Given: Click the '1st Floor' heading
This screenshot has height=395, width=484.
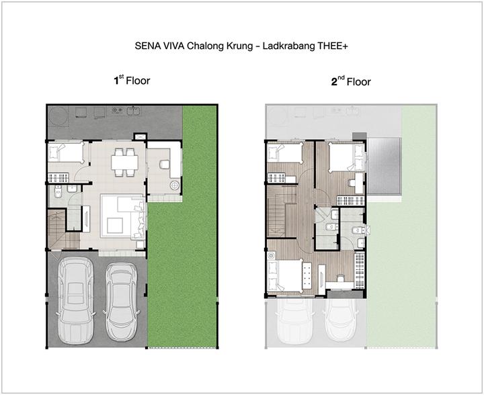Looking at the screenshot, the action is coord(132,81).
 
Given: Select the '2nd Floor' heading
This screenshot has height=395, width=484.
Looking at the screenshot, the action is coord(351,82).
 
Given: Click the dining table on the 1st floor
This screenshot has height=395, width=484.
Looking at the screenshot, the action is coord(125,163).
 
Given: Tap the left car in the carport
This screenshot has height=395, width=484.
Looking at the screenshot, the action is coord(76,300).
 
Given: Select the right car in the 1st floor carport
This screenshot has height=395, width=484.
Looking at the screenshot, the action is coord(121,302).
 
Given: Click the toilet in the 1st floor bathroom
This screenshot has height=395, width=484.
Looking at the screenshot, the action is coord(58,191).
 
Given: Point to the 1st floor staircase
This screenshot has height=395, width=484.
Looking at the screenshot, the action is coord(61,229).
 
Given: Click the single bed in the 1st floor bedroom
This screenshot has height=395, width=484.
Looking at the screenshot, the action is coord(66,152).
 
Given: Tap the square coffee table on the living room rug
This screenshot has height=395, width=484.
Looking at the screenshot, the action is coord(115,226).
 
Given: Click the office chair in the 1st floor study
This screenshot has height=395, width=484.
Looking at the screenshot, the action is coord(164,164).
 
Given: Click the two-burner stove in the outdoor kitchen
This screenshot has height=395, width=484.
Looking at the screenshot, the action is coord(117,109).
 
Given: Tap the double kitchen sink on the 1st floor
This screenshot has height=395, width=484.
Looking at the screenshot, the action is coord(134,110).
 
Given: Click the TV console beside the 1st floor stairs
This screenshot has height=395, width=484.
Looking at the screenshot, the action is coord(86,218).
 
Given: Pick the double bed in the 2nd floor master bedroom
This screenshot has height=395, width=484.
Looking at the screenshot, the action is coord(286,275).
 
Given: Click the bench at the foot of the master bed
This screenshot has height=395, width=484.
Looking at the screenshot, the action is coord(307,275).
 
